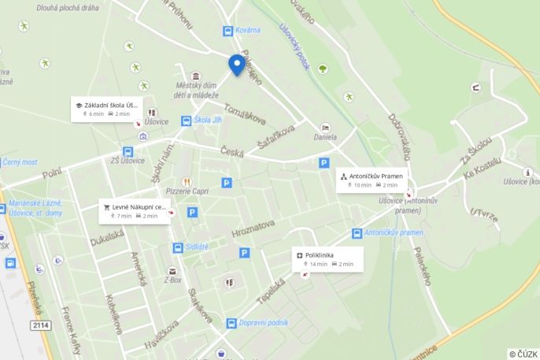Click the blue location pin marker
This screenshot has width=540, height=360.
click(x=236, y=65)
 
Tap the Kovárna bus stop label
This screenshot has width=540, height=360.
click(x=248, y=30)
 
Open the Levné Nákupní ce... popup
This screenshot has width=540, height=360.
click(x=135, y=211)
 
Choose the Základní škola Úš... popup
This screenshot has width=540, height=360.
click(x=105, y=109)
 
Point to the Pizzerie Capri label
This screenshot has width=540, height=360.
click(x=187, y=191)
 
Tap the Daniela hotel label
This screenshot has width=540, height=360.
click(x=325, y=136)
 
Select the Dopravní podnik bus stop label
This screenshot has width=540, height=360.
click(x=263, y=322)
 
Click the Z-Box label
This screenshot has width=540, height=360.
click(x=172, y=279)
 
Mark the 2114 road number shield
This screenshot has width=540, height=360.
click(x=41, y=325)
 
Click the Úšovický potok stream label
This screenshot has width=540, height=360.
click(x=294, y=46)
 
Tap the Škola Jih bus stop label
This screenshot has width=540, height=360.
click(x=207, y=121)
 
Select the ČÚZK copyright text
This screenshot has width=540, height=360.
click(x=523, y=354)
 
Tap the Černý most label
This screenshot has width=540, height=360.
click(x=20, y=161)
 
